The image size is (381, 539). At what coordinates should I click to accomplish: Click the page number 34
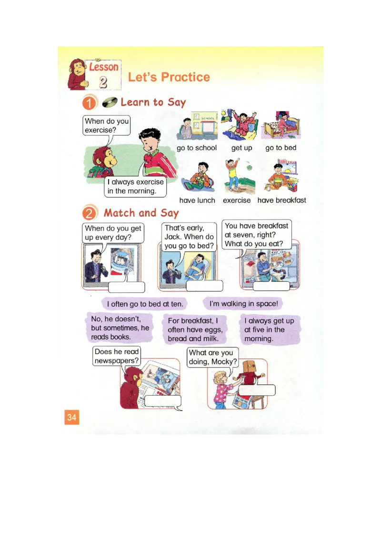click(x=71, y=418)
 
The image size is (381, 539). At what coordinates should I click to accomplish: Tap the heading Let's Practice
click(x=169, y=77)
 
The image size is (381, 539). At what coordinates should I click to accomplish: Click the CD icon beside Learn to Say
click(x=110, y=102)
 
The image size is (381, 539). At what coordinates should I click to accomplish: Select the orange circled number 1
click(x=90, y=103)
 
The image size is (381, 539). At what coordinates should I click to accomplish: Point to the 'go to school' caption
click(x=196, y=148)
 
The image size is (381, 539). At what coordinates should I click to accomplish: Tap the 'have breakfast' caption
click(x=281, y=200)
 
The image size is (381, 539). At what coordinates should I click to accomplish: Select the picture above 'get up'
click(x=241, y=125)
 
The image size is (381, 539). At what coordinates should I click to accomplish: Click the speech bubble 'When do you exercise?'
click(x=106, y=126)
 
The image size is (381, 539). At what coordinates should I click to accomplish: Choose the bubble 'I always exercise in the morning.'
click(x=136, y=187)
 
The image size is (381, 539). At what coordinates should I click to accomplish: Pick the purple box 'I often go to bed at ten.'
click(x=145, y=304)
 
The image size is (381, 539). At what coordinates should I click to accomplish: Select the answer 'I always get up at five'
click(x=269, y=330)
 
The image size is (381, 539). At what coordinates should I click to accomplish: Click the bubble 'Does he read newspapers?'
click(x=117, y=356)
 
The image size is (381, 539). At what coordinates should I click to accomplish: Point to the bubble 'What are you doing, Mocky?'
click(x=212, y=357)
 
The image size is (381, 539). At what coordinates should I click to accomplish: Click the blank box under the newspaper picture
click(x=162, y=401)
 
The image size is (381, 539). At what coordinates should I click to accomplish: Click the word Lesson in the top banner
click(x=103, y=67)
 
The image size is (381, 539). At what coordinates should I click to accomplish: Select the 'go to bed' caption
click(x=281, y=148)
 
